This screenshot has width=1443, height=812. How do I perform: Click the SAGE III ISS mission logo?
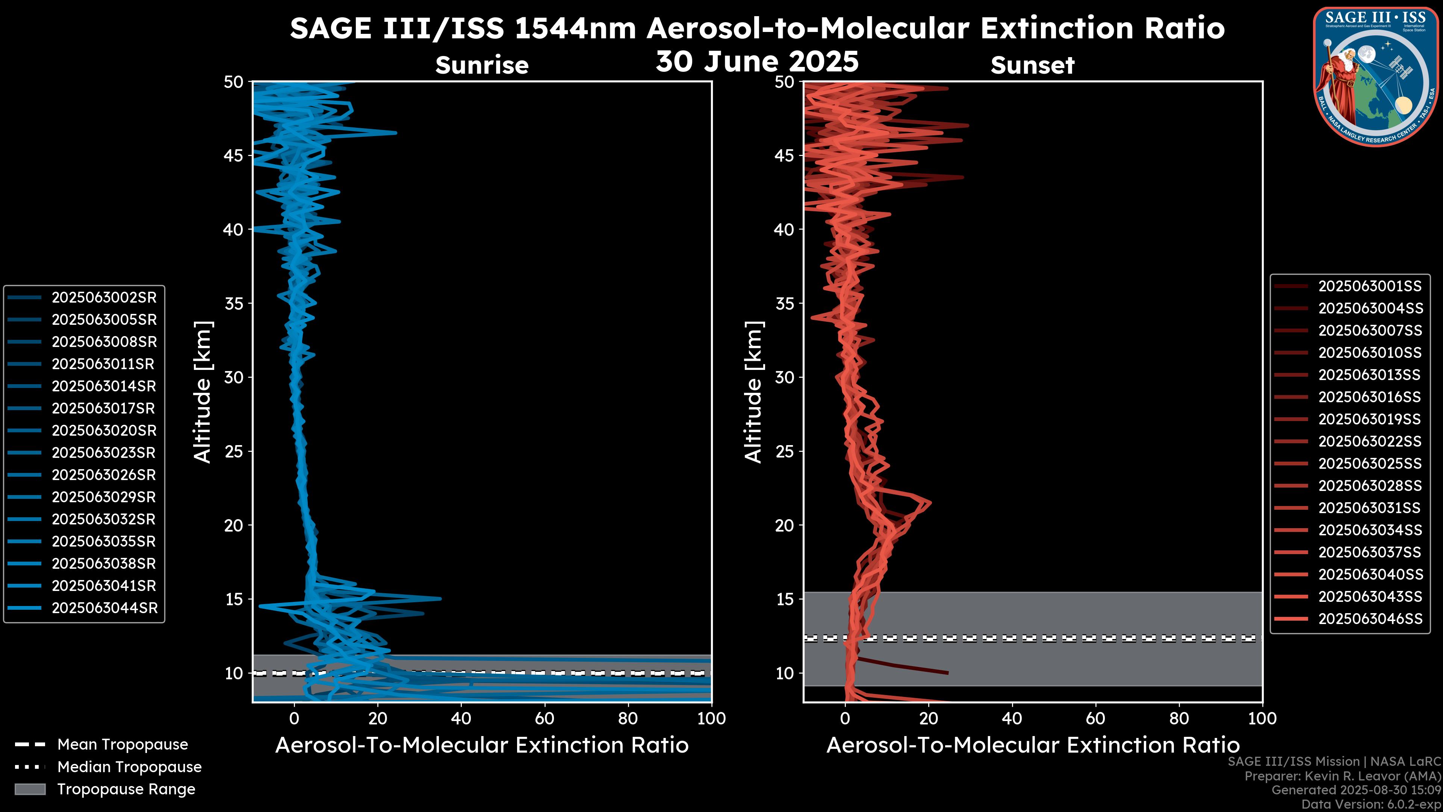[x=1375, y=77]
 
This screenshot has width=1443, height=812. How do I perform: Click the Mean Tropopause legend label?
[x=122, y=744]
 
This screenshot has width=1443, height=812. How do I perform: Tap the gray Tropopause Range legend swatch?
[x=30, y=789]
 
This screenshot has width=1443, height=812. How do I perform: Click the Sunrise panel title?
[x=482, y=65]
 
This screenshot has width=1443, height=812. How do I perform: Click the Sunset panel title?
[x=1032, y=65]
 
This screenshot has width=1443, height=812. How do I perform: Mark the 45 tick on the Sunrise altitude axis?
[x=234, y=155]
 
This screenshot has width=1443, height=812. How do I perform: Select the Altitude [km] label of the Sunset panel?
[x=753, y=392]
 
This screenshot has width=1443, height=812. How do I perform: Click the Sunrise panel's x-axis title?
[x=482, y=745]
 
